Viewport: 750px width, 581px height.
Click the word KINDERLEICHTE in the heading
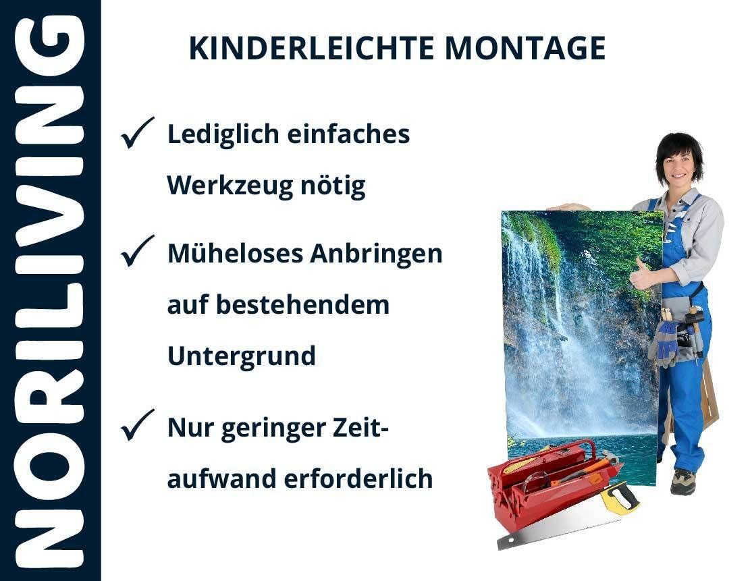311,49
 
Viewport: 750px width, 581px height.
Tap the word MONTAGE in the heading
525,49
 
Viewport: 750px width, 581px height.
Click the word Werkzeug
230,186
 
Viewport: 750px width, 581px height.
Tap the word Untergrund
242,356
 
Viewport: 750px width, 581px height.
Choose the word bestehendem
303,304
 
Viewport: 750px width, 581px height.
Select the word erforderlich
358,478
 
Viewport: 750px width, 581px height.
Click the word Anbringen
376,254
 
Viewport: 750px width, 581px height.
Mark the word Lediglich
223,134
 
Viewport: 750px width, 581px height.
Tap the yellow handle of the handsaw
619,497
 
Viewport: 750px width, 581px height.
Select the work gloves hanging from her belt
664,342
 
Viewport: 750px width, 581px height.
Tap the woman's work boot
682,481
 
